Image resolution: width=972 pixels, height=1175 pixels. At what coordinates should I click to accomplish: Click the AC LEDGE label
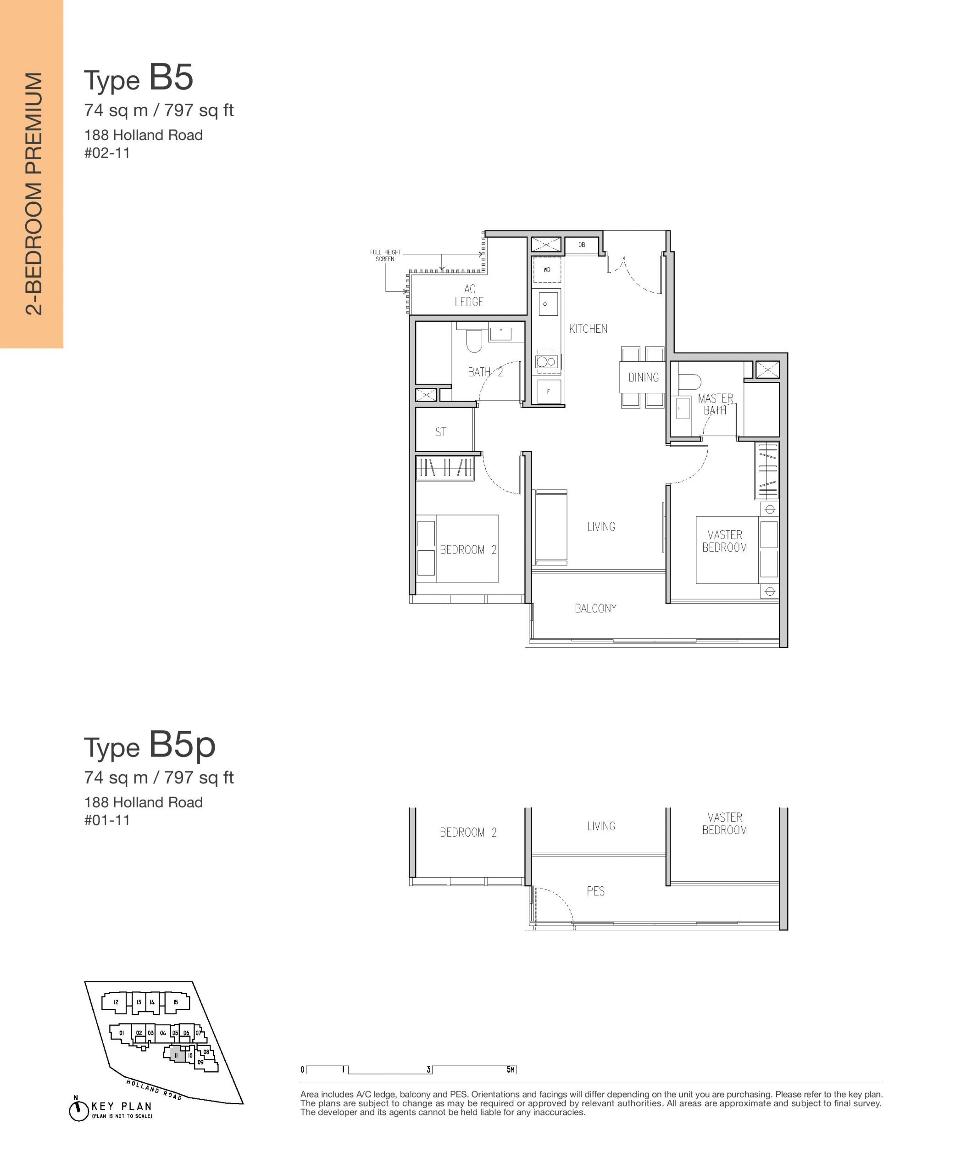click(469, 296)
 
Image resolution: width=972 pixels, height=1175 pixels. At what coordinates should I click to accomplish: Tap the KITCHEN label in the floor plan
click(588, 329)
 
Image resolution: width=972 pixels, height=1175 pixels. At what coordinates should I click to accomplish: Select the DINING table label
click(643, 377)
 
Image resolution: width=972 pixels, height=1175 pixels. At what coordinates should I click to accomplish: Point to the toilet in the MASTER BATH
click(689, 381)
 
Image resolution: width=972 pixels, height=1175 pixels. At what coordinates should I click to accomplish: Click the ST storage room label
click(441, 432)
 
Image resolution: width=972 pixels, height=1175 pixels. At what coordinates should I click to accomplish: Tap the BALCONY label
click(595, 608)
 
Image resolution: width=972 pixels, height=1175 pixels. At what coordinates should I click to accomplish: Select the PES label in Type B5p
click(595, 891)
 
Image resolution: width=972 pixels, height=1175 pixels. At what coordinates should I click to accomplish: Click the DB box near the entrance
click(582, 245)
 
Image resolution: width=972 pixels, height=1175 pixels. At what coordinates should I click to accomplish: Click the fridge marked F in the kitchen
click(548, 392)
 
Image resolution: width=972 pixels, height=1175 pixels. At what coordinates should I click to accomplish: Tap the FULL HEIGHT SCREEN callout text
click(385, 256)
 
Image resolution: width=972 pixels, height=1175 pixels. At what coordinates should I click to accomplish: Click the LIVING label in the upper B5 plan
click(600, 526)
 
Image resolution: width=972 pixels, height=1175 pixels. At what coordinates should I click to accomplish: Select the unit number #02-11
click(107, 153)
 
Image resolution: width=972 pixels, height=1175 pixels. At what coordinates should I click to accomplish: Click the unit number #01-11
click(107, 820)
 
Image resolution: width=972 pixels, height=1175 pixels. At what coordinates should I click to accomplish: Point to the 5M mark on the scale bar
click(511, 1069)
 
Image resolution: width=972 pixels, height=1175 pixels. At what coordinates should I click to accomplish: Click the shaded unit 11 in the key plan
click(176, 1055)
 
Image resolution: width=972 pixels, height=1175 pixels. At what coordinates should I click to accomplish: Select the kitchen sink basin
click(548, 304)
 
